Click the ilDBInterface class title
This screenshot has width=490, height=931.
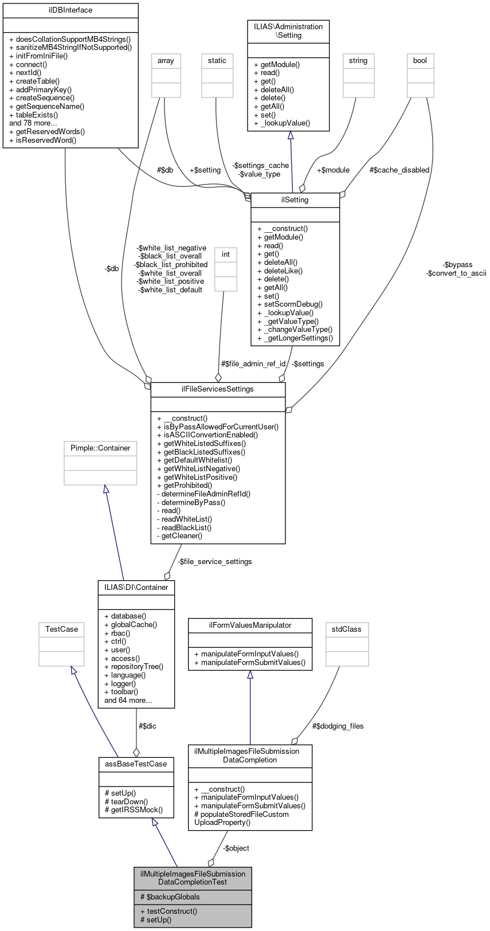click(70, 10)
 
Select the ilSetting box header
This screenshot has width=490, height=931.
click(295, 200)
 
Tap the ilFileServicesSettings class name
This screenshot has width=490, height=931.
click(218, 389)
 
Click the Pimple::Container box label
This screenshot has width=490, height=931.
click(100, 448)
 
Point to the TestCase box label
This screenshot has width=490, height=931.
click(61, 629)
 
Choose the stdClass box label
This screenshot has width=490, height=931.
click(347, 629)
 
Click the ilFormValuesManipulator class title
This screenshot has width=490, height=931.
click(250, 625)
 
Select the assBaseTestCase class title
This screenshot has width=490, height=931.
click(136, 764)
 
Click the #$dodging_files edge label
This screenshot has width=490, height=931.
click(338, 726)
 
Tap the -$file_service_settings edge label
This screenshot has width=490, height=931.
click(214, 562)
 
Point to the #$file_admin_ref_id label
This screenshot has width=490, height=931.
click(253, 364)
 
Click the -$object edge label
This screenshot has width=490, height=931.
click(236, 848)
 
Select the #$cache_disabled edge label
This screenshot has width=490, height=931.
click(399, 170)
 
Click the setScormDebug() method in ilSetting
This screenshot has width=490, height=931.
click(290, 304)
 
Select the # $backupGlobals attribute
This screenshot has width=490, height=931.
click(170, 897)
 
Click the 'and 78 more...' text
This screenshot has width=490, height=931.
click(33, 123)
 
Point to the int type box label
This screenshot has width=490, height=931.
click(226, 255)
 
